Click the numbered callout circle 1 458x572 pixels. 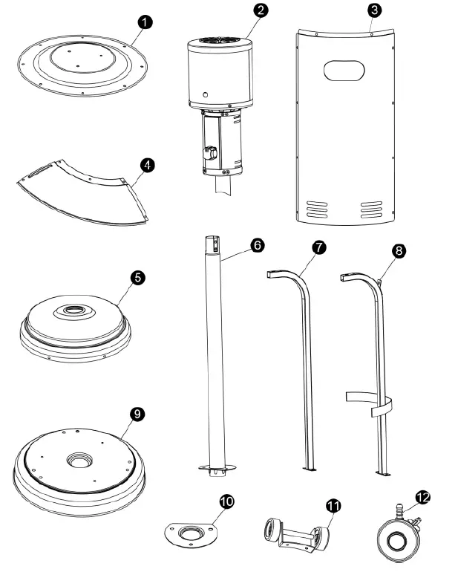146,22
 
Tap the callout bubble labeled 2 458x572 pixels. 260,10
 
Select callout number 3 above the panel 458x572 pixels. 376,10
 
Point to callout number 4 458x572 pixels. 149,164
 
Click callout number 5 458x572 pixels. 137,277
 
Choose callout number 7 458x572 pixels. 318,248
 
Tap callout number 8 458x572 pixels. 399,250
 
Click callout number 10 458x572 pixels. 226,501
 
